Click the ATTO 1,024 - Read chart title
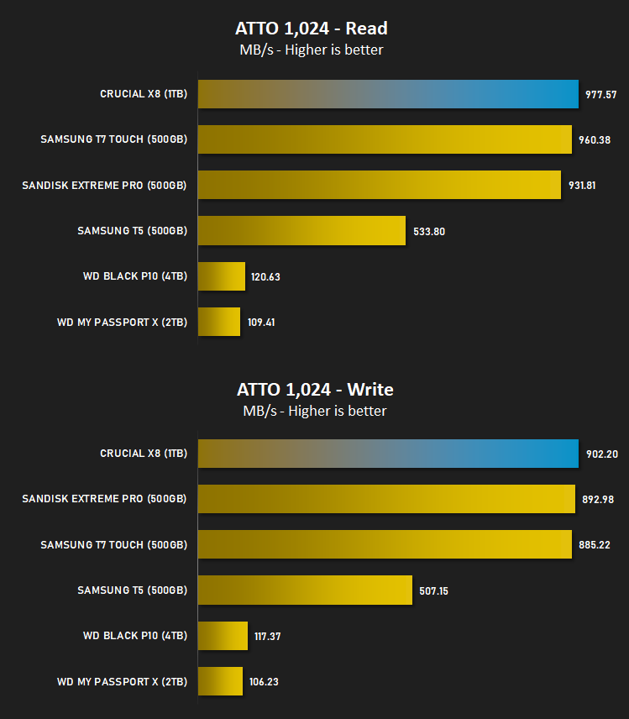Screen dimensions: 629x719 tap(312, 29)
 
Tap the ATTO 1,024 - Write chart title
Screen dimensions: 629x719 tap(315, 390)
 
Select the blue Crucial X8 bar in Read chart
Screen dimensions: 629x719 tap(388, 94)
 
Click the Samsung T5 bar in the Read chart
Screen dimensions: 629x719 tap(301, 231)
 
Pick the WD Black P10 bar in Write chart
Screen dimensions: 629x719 tap(223, 636)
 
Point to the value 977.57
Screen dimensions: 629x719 tap(600, 94)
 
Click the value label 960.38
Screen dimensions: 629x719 tap(595, 140)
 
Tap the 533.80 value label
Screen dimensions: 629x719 tap(429, 232)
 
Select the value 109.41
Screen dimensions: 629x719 tap(261, 323)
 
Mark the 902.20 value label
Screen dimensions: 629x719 tap(602, 454)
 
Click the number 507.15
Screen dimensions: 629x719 tap(433, 591)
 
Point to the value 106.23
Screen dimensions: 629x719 tap(264, 682)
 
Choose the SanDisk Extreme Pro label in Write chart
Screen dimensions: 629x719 tap(104, 499)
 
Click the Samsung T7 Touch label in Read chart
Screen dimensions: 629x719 tap(113, 139)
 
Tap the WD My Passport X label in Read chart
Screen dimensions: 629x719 tap(122, 323)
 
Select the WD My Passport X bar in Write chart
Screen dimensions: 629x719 tap(220, 681)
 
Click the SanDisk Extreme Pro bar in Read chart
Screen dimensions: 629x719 tap(379, 185)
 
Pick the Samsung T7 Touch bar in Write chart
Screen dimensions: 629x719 tap(385, 544)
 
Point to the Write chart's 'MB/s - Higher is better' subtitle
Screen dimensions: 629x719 tap(314, 411)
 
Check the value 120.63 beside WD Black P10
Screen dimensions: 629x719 tap(265, 277)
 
